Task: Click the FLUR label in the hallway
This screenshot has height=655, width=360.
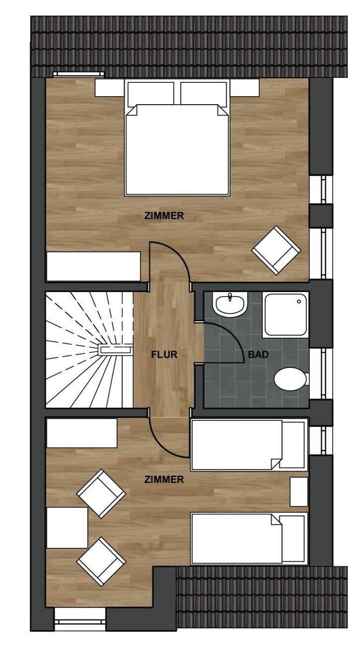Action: [x=164, y=355]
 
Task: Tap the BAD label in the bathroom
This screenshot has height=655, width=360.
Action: [x=258, y=355]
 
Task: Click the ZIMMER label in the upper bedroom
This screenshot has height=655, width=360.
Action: [x=164, y=216]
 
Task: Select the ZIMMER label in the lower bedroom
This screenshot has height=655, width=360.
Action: [x=164, y=479]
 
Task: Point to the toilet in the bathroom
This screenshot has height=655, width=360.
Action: [x=291, y=379]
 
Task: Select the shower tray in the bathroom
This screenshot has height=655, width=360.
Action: [x=286, y=314]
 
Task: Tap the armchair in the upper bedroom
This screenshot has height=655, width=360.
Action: [x=276, y=250]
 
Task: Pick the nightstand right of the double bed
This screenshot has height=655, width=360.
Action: [x=244, y=89]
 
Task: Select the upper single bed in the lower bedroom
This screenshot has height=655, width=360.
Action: [x=248, y=445]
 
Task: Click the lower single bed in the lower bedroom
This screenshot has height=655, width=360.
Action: [x=248, y=538]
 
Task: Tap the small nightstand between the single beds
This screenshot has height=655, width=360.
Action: [x=299, y=492]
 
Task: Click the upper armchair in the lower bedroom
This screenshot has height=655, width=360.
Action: [x=101, y=493]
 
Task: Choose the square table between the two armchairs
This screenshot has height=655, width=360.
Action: [x=67, y=528]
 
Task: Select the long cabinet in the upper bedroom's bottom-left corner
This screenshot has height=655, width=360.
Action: [x=93, y=266]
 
